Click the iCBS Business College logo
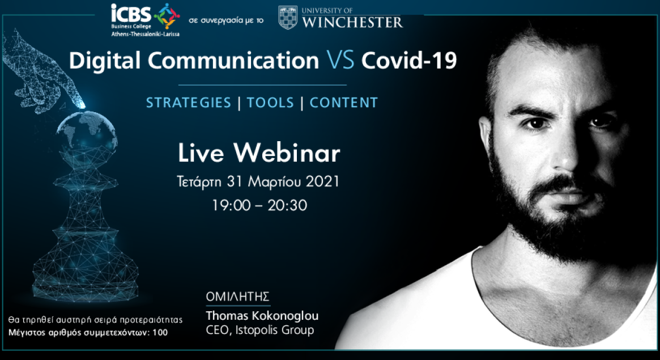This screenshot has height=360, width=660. [144, 19]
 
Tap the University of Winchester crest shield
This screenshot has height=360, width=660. [288, 17]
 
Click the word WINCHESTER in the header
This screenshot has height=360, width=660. [352, 22]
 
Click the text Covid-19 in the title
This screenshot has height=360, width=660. [409, 61]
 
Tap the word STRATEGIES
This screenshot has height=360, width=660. [189, 103]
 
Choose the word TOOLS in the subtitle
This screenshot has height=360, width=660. [270, 103]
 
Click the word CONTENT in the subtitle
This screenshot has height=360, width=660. [343, 103]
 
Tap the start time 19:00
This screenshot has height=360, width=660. [228, 205]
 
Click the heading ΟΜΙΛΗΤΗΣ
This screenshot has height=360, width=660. [237, 297]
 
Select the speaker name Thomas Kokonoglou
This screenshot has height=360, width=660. [262, 316]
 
